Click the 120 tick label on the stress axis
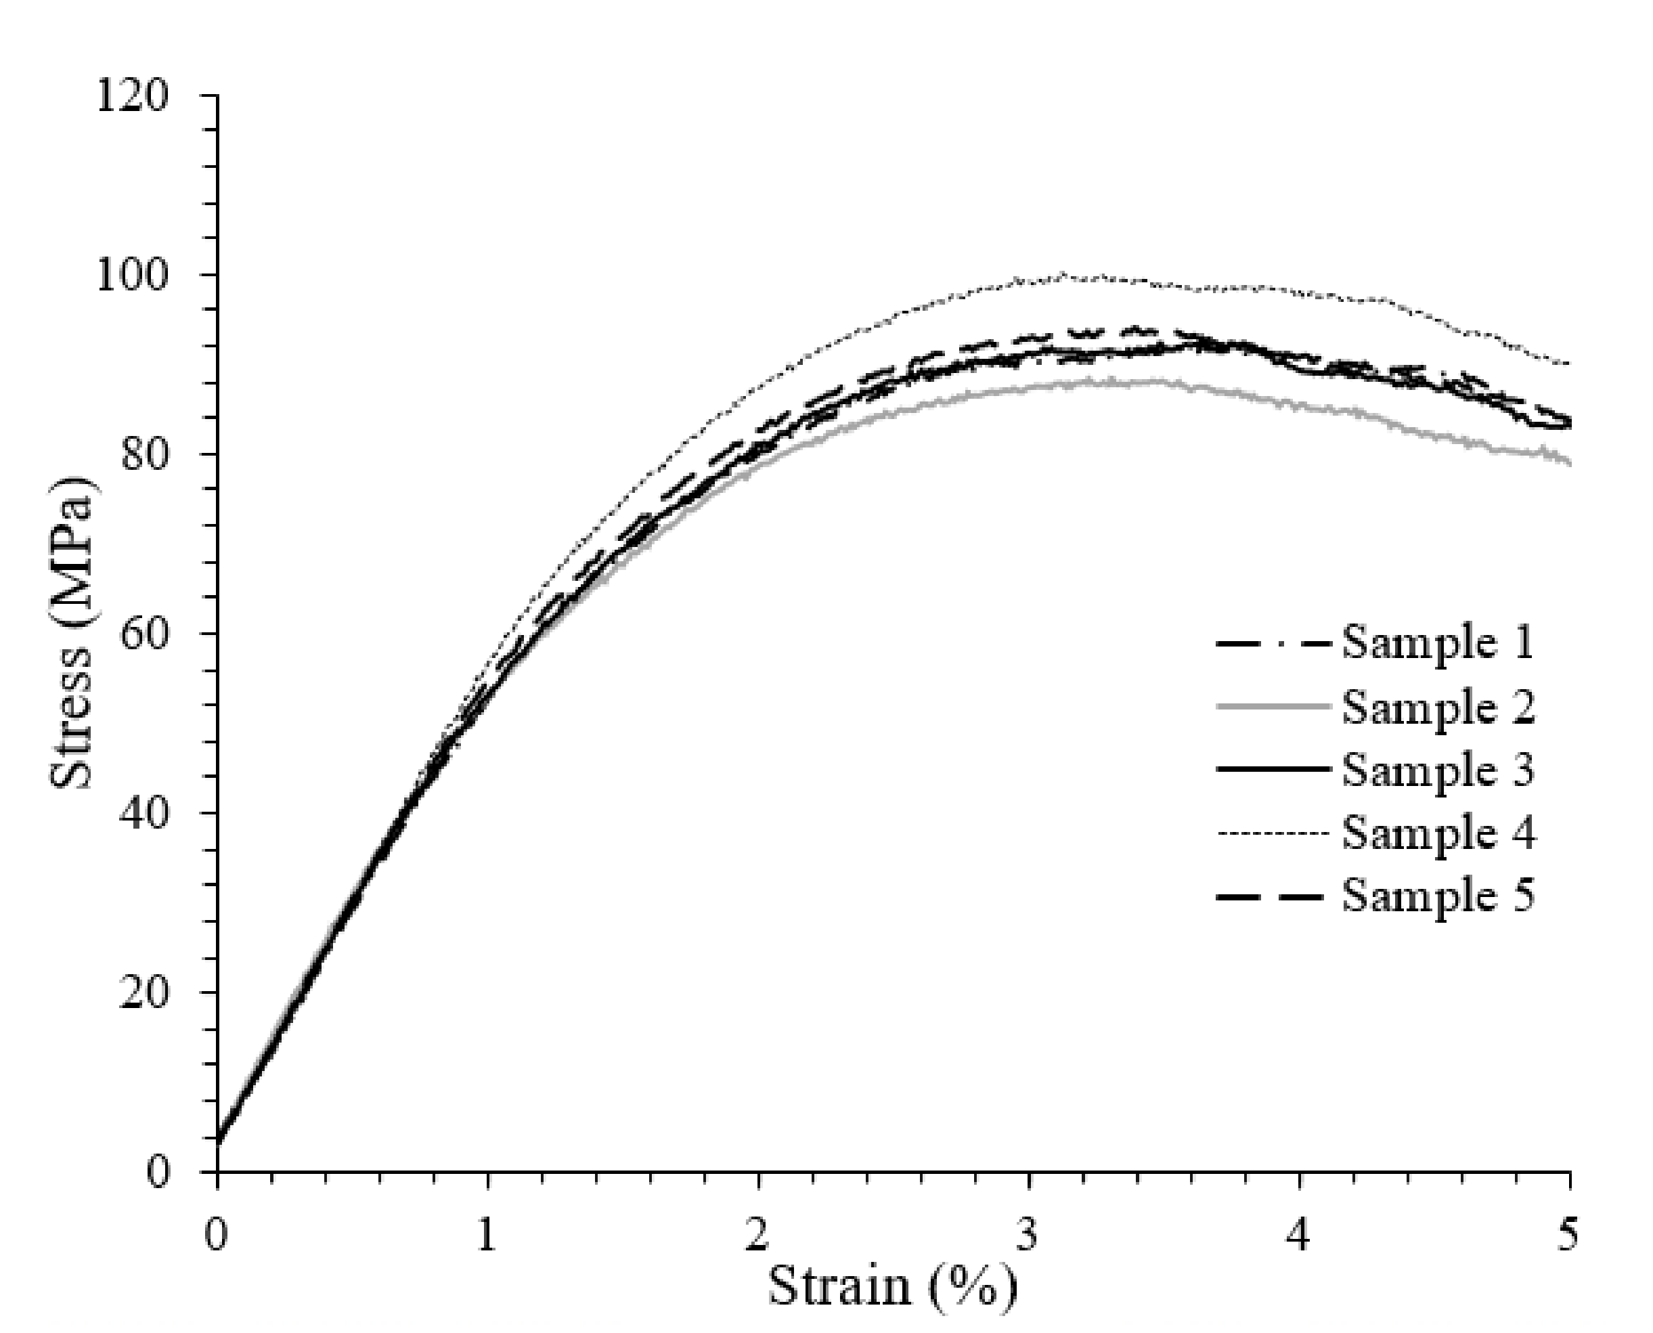click(131, 97)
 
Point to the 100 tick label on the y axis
click(131, 276)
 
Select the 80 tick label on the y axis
click(144, 456)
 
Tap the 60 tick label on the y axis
click(144, 634)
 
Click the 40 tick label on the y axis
click(144, 814)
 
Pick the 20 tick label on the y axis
click(144, 993)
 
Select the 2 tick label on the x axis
click(757, 1237)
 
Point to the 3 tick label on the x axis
click(1028, 1237)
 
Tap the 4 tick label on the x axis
click(1298, 1237)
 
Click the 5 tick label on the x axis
click(1568, 1237)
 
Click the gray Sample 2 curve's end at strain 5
click(1569, 463)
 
